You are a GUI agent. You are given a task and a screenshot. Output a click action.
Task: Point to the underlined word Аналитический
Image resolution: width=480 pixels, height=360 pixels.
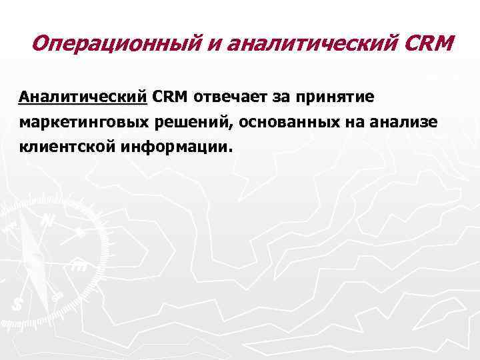[83, 97]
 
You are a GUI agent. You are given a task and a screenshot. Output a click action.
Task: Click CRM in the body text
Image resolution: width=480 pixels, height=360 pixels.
[171, 97]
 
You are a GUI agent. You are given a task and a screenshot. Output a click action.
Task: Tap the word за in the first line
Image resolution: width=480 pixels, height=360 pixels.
[279, 97]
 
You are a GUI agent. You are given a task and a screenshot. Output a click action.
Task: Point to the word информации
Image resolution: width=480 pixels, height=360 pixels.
[175, 147]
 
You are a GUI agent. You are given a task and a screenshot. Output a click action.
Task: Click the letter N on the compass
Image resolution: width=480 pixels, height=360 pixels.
[48, 220]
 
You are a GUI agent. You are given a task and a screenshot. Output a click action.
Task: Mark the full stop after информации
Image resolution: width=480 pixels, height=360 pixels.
[233, 151]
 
